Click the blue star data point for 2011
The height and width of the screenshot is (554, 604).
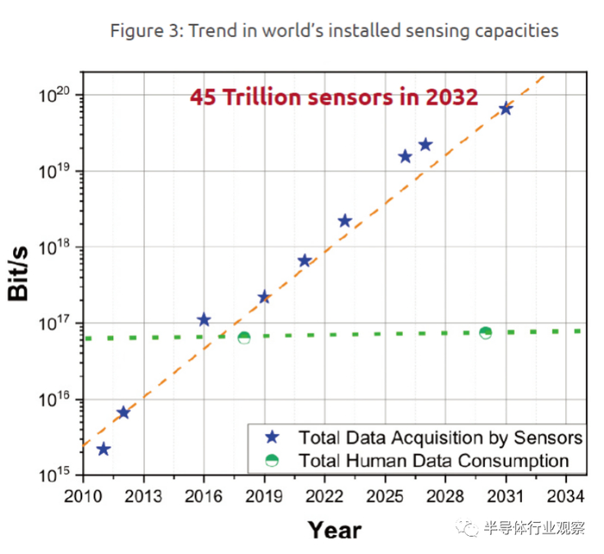[x=104, y=449]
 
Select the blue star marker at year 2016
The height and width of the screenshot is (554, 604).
[x=204, y=320]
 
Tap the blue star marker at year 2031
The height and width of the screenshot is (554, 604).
[x=506, y=109]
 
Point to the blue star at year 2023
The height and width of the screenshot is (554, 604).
[x=344, y=221]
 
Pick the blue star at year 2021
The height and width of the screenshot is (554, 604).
[x=305, y=260]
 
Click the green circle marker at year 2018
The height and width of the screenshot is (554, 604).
[x=244, y=338]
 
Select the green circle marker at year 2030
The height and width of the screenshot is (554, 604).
[x=486, y=333]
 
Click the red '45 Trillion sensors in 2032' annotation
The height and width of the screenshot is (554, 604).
[x=334, y=97]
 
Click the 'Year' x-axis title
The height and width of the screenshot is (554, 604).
[x=335, y=529]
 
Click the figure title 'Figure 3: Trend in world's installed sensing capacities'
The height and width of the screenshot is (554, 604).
[x=334, y=31]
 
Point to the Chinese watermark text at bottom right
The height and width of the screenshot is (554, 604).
[x=535, y=526]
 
